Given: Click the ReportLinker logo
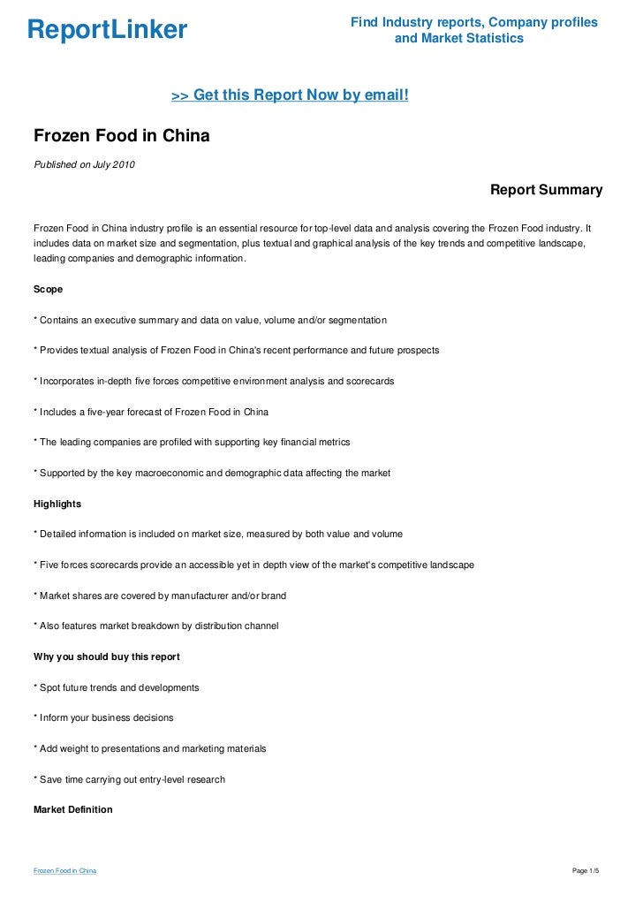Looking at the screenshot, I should point(107,30).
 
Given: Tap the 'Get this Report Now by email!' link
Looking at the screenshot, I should point(290,95).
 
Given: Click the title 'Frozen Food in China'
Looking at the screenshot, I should point(122,137).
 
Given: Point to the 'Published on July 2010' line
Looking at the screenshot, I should point(84,163).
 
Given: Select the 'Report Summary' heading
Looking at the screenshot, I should point(546,190).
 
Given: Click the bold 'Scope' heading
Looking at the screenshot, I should point(48,289).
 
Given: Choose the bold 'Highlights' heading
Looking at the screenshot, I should point(57,504).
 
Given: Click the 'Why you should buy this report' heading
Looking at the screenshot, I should point(105,656).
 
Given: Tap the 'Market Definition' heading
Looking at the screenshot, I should point(72,808).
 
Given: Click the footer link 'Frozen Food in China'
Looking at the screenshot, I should point(64,871).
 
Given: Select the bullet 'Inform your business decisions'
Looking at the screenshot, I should point(103,717).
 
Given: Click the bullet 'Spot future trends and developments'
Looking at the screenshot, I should point(116,687).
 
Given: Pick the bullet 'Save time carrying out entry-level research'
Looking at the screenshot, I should point(129,779).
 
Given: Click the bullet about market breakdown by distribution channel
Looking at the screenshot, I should point(155,626).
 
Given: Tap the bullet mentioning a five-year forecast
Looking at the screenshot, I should point(151,412).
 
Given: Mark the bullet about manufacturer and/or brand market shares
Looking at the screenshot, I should point(159,595).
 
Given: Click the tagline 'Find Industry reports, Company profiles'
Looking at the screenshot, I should point(474,22).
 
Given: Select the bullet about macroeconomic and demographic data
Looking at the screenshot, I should point(212,474).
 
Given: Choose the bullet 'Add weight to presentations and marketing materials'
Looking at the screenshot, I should point(149,748).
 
